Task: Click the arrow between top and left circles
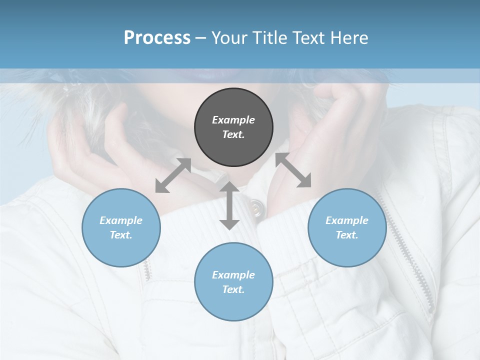173,175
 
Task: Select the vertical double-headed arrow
229,205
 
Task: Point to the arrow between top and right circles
293,170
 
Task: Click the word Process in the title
157,37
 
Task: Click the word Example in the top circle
233,120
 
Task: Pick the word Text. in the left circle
121,235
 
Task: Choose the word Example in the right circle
347,220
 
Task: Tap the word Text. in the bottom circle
233,289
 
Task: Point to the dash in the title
201,38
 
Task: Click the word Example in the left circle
121,220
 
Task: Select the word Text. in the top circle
233,135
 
